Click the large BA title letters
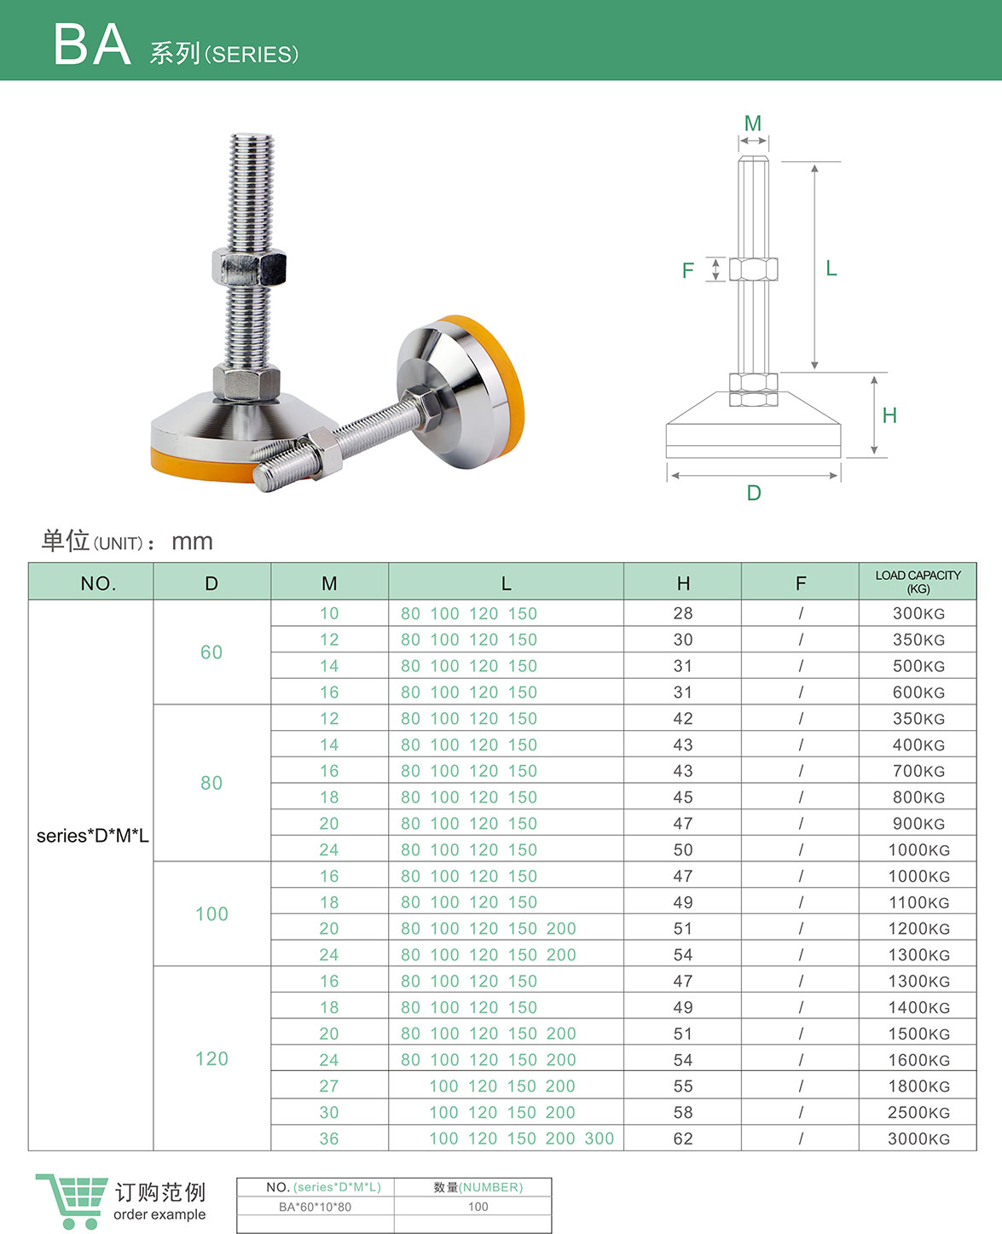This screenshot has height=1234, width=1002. click(x=92, y=44)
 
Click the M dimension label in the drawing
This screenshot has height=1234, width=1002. click(x=752, y=124)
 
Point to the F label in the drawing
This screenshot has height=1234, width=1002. click(x=687, y=270)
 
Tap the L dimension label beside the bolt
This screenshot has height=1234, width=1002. click(x=831, y=269)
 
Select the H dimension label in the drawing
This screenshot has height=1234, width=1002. click(x=889, y=415)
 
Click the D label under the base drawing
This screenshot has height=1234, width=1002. click(x=754, y=493)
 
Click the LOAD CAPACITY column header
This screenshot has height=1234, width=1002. click(x=918, y=582)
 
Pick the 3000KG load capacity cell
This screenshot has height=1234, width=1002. click(x=918, y=1138)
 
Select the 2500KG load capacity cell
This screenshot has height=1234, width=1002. click(x=918, y=1112)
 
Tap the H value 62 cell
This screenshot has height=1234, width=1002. click(x=683, y=1138)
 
